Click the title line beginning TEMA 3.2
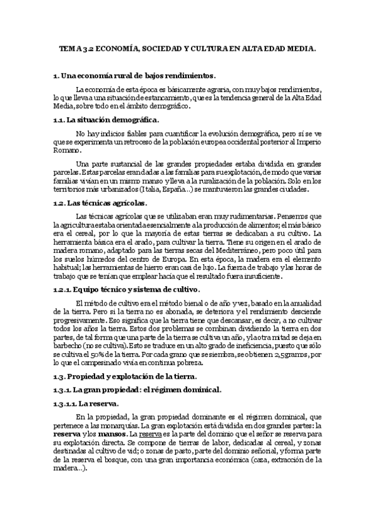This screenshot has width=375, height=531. pyautogui.click(x=187, y=48)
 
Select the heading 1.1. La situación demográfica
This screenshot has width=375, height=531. pyautogui.click(x=106, y=120)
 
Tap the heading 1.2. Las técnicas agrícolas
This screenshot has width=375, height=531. pyautogui.click(x=101, y=203)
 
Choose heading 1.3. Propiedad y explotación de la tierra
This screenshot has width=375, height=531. pyautogui.click(x=125, y=376)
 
